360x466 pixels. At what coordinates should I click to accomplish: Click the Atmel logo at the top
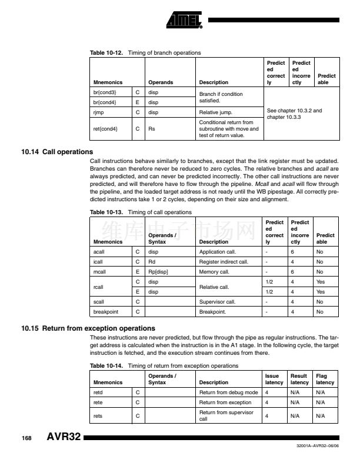[184, 22]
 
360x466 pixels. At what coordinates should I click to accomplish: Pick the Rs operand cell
[152, 128]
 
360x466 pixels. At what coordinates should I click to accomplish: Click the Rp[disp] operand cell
[158, 272]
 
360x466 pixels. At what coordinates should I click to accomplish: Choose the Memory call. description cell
[217, 272]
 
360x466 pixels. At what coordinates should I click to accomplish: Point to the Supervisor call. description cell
[219, 302]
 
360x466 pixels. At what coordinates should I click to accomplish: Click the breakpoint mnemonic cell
[104, 312]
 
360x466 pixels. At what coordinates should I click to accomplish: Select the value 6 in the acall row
[292, 251]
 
